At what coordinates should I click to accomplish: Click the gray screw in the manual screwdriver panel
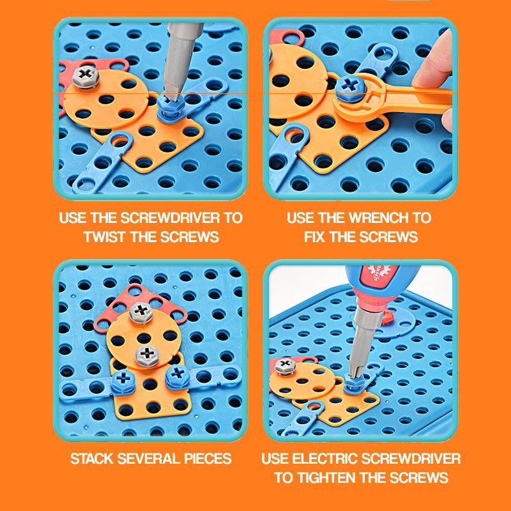click(x=86, y=77)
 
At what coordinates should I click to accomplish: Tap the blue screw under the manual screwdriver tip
click(x=171, y=107)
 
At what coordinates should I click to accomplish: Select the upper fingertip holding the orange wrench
click(x=434, y=62)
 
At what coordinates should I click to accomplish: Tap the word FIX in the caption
click(x=314, y=237)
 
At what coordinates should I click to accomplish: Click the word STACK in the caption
click(x=91, y=459)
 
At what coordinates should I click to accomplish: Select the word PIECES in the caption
click(x=208, y=459)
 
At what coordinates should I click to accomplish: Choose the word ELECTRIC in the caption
click(x=324, y=459)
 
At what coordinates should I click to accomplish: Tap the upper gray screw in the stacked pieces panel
click(x=141, y=312)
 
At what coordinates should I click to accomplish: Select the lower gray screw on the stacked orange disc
click(x=148, y=356)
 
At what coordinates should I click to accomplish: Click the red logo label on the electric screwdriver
click(x=379, y=274)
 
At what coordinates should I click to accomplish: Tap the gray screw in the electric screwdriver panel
click(x=285, y=366)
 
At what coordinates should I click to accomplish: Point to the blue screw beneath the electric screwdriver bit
click(x=355, y=386)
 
